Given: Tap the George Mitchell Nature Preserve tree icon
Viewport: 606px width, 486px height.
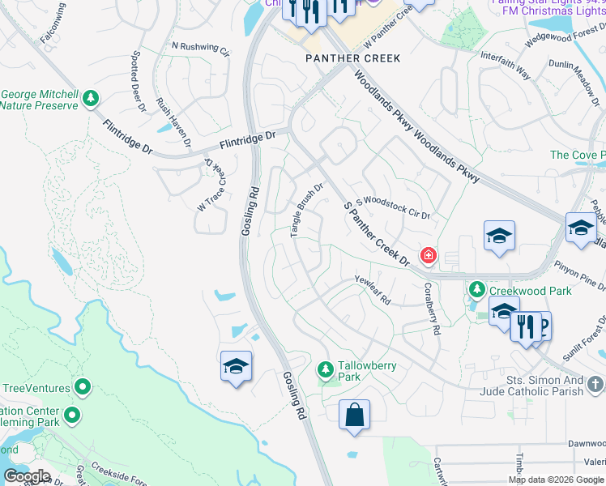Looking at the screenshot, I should click(x=91, y=99).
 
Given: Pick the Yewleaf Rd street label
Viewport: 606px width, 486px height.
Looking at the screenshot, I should click(x=373, y=290).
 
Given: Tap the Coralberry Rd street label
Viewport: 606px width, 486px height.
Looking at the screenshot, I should click(x=429, y=309).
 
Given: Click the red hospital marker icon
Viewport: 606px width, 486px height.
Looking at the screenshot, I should click(x=428, y=257).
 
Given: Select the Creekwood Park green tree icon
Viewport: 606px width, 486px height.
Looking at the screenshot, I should click(x=478, y=289).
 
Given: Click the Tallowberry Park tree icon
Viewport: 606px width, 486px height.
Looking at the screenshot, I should click(x=326, y=369).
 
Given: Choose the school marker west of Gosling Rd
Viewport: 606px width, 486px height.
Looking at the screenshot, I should click(x=236, y=366).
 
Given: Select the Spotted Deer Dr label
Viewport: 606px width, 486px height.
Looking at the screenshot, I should click(x=137, y=80).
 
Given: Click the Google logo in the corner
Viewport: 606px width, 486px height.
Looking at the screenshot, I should click(x=28, y=475).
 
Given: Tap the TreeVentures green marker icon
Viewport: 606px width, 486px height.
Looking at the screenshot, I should click(x=83, y=387).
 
